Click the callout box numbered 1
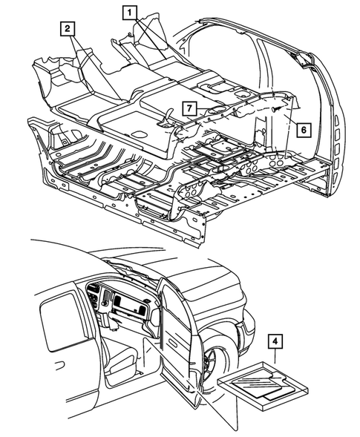click(x=130, y=12)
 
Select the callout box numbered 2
click(x=68, y=29)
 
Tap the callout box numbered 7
click(x=190, y=108)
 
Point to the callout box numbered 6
click(x=302, y=128)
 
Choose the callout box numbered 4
click(x=276, y=342)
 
